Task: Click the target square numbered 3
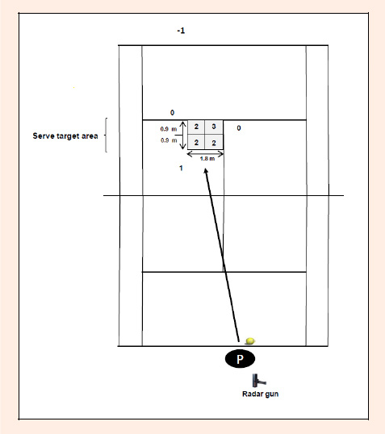point(214,127)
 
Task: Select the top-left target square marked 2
point(196,127)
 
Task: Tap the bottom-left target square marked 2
point(196,142)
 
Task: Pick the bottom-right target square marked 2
point(214,142)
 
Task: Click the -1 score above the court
point(181,31)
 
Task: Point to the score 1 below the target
point(181,168)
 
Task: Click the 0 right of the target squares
point(239,128)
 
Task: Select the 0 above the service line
point(172,113)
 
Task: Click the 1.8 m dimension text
point(207,159)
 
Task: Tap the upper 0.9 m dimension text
point(169,129)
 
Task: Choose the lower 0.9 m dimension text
point(169,140)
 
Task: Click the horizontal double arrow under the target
point(205,154)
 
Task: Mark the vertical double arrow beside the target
point(182,135)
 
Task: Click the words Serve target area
point(65,136)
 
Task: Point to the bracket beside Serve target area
point(106,135)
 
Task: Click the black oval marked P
point(240,359)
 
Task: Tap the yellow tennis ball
point(250,340)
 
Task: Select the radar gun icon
point(258,381)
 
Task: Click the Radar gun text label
point(261,394)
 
